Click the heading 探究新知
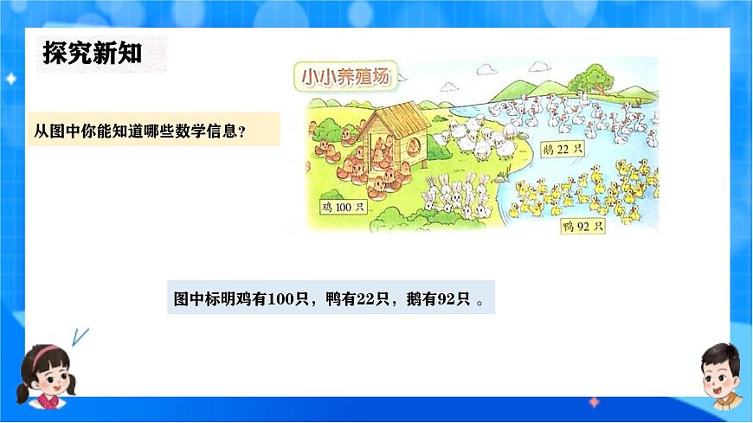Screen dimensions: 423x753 (93, 54)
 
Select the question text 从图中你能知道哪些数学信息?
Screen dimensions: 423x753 (139, 131)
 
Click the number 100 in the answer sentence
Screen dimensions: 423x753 (280, 298)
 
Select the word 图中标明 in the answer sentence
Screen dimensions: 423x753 (208, 298)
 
